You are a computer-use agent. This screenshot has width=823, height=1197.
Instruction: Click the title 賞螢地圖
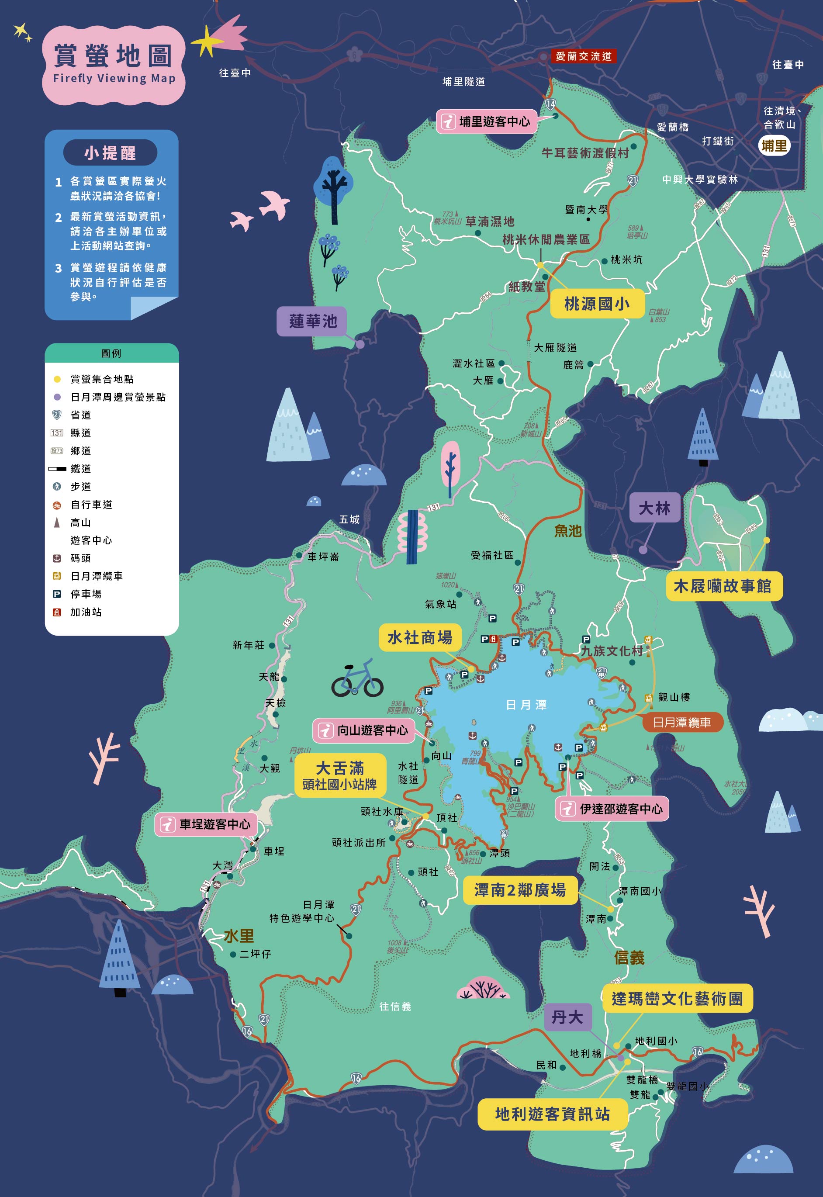click(113, 55)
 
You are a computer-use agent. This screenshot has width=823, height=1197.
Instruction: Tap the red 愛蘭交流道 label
click(583, 56)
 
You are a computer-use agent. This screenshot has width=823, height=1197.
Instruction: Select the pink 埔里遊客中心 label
click(488, 122)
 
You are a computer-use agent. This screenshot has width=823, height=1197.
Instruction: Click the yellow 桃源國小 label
click(597, 304)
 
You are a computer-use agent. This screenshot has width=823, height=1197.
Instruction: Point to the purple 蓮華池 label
click(312, 321)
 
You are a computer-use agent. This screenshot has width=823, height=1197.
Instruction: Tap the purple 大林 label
click(654, 508)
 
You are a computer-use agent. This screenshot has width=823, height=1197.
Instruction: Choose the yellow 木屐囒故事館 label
click(723, 586)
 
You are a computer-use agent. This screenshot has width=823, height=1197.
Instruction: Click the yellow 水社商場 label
click(420, 638)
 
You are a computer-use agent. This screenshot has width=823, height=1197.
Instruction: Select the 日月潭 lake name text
click(526, 705)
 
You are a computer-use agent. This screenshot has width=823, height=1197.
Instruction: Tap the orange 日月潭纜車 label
click(682, 723)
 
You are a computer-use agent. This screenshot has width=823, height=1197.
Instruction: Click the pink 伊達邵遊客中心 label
click(612, 809)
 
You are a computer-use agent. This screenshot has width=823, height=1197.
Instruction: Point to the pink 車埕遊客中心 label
click(206, 824)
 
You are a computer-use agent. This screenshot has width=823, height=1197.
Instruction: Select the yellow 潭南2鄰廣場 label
click(520, 890)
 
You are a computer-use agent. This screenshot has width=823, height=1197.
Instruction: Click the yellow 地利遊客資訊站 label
click(552, 1114)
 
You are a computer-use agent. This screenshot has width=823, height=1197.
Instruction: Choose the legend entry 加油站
click(86, 612)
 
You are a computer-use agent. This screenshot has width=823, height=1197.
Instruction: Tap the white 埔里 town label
click(774, 146)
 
